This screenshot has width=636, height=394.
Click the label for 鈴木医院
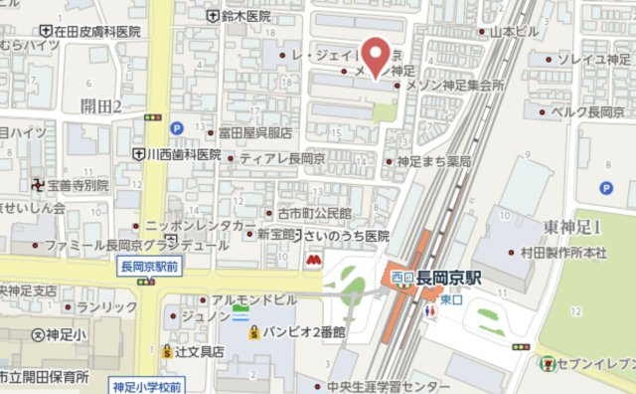pos(244,16)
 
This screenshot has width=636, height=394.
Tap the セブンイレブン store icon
pos(548,364)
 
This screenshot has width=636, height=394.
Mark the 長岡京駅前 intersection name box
pos(149,266)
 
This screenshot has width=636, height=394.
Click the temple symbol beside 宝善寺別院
pos(38,185)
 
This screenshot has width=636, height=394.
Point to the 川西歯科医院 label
pos(184,155)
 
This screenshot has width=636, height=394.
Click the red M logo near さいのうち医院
pos(313,260)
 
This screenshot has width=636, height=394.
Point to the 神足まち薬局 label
pos(432,160)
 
